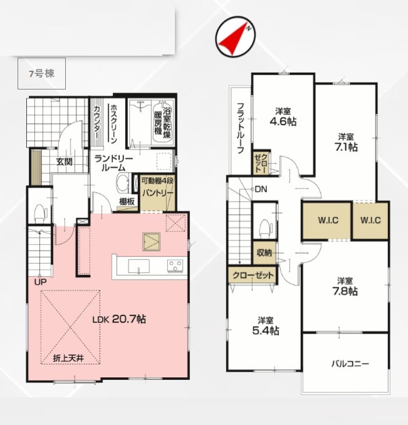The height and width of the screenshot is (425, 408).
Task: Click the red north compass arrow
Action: point(233,41)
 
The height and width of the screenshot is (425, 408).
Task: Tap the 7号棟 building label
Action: point(42,73)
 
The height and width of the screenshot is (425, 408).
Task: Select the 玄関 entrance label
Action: point(65,162)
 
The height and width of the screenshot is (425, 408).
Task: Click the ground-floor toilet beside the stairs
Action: point(41,212)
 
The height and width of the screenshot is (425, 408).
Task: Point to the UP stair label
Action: point(40,282)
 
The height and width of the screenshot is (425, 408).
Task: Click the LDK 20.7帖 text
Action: point(119,319)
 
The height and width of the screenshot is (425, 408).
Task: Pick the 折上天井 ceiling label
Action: point(68,358)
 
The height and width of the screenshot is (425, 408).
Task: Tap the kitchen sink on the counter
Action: point(139,266)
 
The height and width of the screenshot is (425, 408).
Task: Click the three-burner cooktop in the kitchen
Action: point(175,265)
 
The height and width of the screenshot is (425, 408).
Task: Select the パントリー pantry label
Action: point(158,193)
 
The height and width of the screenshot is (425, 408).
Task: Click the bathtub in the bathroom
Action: point(162,121)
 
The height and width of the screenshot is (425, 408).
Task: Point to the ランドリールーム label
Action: point(113,163)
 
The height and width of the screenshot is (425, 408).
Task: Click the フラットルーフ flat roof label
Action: point(241,128)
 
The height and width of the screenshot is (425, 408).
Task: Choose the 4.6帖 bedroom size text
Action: point(283,121)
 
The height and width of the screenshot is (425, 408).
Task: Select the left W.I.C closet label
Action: point(328,220)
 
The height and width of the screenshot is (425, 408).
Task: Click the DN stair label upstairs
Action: point(261,189)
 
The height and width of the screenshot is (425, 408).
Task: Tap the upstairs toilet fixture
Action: point(264,228)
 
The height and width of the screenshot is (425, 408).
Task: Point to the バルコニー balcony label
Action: point(350,364)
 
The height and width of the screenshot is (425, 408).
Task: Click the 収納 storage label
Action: point(264,253)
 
